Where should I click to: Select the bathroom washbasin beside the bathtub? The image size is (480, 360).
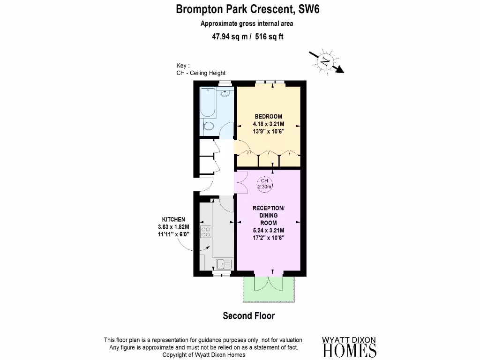225,94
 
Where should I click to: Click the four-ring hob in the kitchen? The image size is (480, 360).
205,232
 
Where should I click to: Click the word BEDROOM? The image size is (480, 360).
269,116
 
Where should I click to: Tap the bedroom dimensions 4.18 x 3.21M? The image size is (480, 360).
269,124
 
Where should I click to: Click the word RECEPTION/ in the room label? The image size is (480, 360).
269,208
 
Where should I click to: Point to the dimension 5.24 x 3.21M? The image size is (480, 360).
269,230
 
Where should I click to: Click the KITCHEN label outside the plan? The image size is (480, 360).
173,219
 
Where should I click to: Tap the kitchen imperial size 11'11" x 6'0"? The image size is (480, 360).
173,234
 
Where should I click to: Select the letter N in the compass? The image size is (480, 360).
325,61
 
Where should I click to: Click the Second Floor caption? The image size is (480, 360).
248,316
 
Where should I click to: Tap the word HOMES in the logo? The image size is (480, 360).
349,351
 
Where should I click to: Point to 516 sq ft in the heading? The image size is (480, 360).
270,37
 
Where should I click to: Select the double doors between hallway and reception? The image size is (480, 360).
241,182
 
